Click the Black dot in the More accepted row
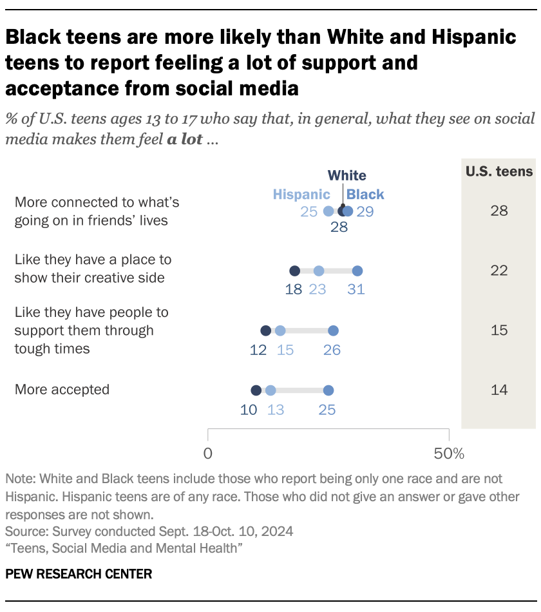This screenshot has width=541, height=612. (x=328, y=390)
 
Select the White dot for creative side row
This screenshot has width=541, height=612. (x=295, y=271)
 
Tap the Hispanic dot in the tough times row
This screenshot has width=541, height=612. (x=280, y=330)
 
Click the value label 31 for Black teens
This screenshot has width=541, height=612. (x=356, y=290)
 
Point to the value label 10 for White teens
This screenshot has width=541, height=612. (x=249, y=409)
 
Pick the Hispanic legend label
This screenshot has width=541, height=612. (x=301, y=195)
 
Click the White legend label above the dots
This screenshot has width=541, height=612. (x=346, y=176)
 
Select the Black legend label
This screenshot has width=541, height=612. (x=365, y=195)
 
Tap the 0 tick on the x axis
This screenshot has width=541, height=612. (x=208, y=454)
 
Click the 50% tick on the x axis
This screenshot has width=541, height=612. (x=449, y=454)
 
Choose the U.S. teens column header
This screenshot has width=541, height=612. (x=499, y=171)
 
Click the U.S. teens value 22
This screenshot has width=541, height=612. (x=499, y=271)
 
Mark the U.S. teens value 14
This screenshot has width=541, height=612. (x=499, y=390)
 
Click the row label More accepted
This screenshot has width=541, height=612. (x=62, y=390)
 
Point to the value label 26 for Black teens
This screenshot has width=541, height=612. (x=332, y=350)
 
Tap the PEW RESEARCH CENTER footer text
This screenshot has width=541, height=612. (x=79, y=574)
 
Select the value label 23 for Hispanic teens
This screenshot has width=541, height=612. (x=318, y=290)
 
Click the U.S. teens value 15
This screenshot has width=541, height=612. (x=499, y=330)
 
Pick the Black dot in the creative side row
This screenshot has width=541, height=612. (x=357, y=271)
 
